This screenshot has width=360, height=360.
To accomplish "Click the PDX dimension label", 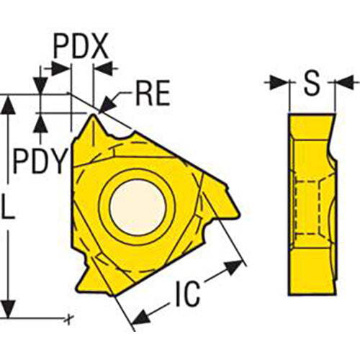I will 81,48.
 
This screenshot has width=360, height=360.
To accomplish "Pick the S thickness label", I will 311,84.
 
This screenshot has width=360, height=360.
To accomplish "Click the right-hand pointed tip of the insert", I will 235,210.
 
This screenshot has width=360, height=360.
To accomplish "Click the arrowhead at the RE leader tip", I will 102,108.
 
